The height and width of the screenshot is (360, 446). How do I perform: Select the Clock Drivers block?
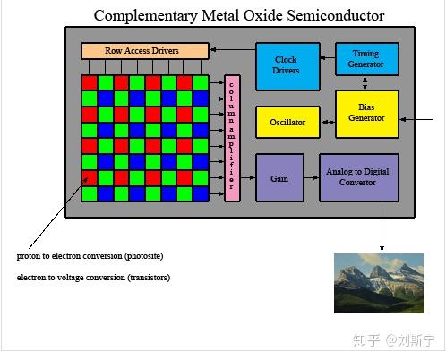coord(287,65)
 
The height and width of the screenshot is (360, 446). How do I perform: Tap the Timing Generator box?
coord(366,59)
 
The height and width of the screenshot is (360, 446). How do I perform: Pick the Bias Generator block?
coord(366,114)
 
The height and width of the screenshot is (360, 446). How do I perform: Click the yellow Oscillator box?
coord(287,122)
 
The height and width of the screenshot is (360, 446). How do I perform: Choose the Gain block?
coord(279,177)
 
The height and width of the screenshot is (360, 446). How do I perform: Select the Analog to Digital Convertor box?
coord(359,177)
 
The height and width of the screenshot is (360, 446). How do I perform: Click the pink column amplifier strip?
coord(232,138)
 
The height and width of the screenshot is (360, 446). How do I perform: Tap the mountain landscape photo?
coord(378,283)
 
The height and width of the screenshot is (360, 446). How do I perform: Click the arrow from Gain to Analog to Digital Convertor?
coord(311,177)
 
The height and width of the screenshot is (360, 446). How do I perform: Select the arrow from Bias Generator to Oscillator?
coord(327,122)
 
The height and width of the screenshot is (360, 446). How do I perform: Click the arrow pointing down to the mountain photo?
coord(382,227)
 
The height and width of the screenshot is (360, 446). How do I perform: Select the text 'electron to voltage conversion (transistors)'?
coord(93,278)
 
